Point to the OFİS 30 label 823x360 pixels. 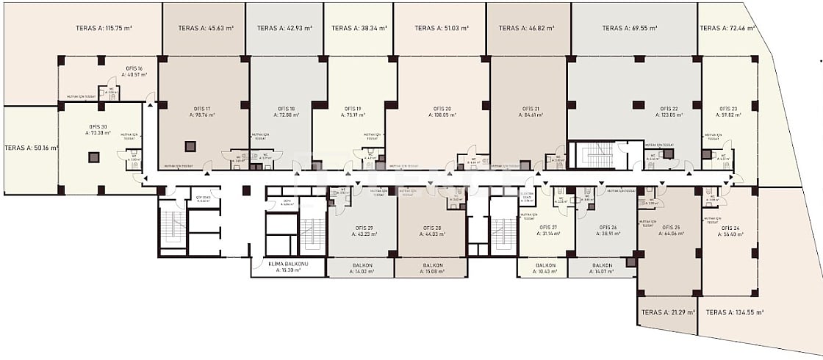(x=98, y=126)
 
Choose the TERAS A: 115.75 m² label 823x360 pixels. (x=104, y=29)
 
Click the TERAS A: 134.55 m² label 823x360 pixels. (x=734, y=312)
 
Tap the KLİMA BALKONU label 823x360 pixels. (x=287, y=265)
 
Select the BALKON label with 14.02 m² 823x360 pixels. (x=362, y=265)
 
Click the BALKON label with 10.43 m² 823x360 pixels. (x=545, y=265)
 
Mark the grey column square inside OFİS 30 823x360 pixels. (x=93, y=156)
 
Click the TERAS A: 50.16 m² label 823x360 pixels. (x=31, y=147)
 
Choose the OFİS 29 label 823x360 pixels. (x=362, y=228)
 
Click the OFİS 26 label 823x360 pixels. (x=608, y=228)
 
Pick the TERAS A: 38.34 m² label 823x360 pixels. (x=358, y=29)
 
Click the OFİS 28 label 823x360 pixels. (x=433, y=228)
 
